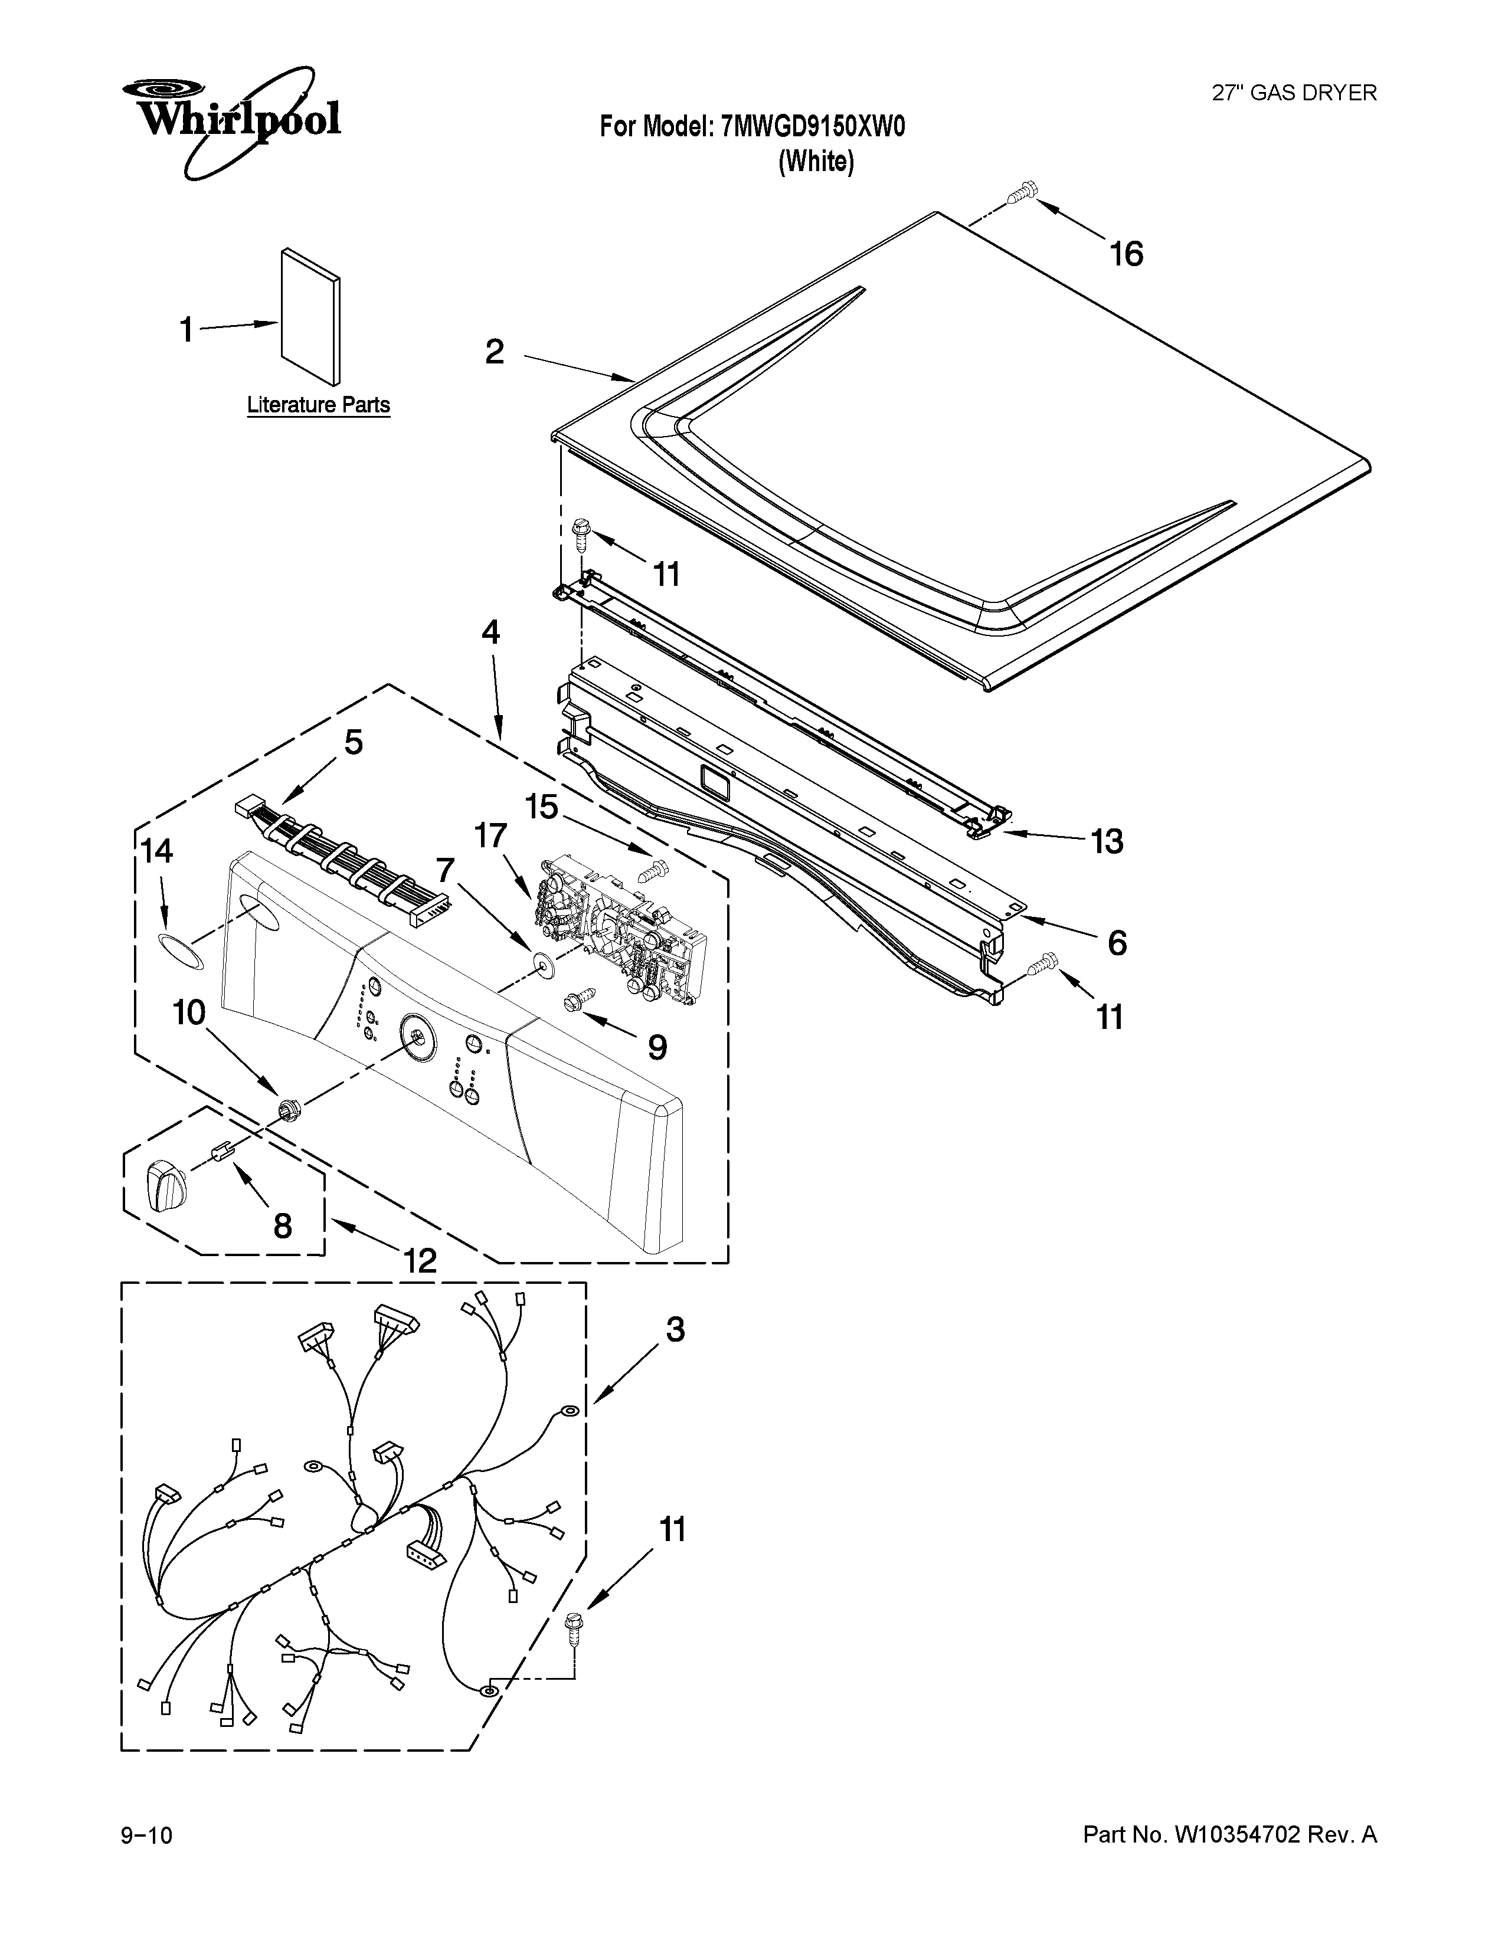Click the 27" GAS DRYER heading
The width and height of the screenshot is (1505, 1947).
pyautogui.click(x=1294, y=93)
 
